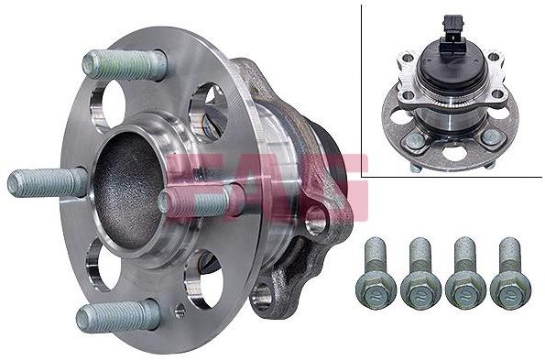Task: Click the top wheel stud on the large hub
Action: pyautogui.click(x=125, y=65)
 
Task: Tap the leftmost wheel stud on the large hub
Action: pyautogui.click(x=47, y=182)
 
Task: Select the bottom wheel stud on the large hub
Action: pyautogui.click(x=118, y=315)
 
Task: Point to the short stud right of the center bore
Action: pyautogui.click(x=199, y=202)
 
